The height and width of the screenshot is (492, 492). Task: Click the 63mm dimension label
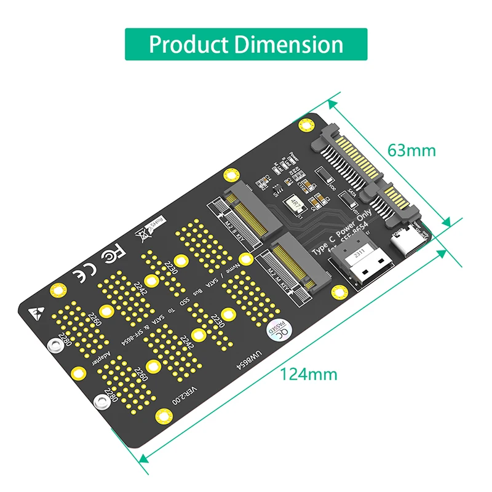click(x=411, y=150)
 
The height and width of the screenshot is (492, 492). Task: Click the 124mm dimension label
click(x=309, y=373)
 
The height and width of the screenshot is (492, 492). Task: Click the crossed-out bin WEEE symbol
click(x=142, y=234)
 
